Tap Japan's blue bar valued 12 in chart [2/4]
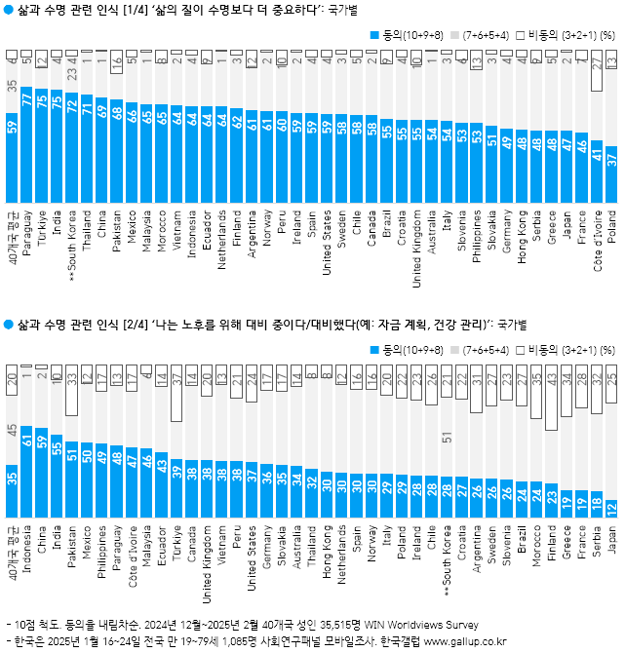click(x=611, y=507)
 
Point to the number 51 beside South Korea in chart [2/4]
click(x=448, y=439)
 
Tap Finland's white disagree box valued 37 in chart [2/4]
click(x=552, y=400)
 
